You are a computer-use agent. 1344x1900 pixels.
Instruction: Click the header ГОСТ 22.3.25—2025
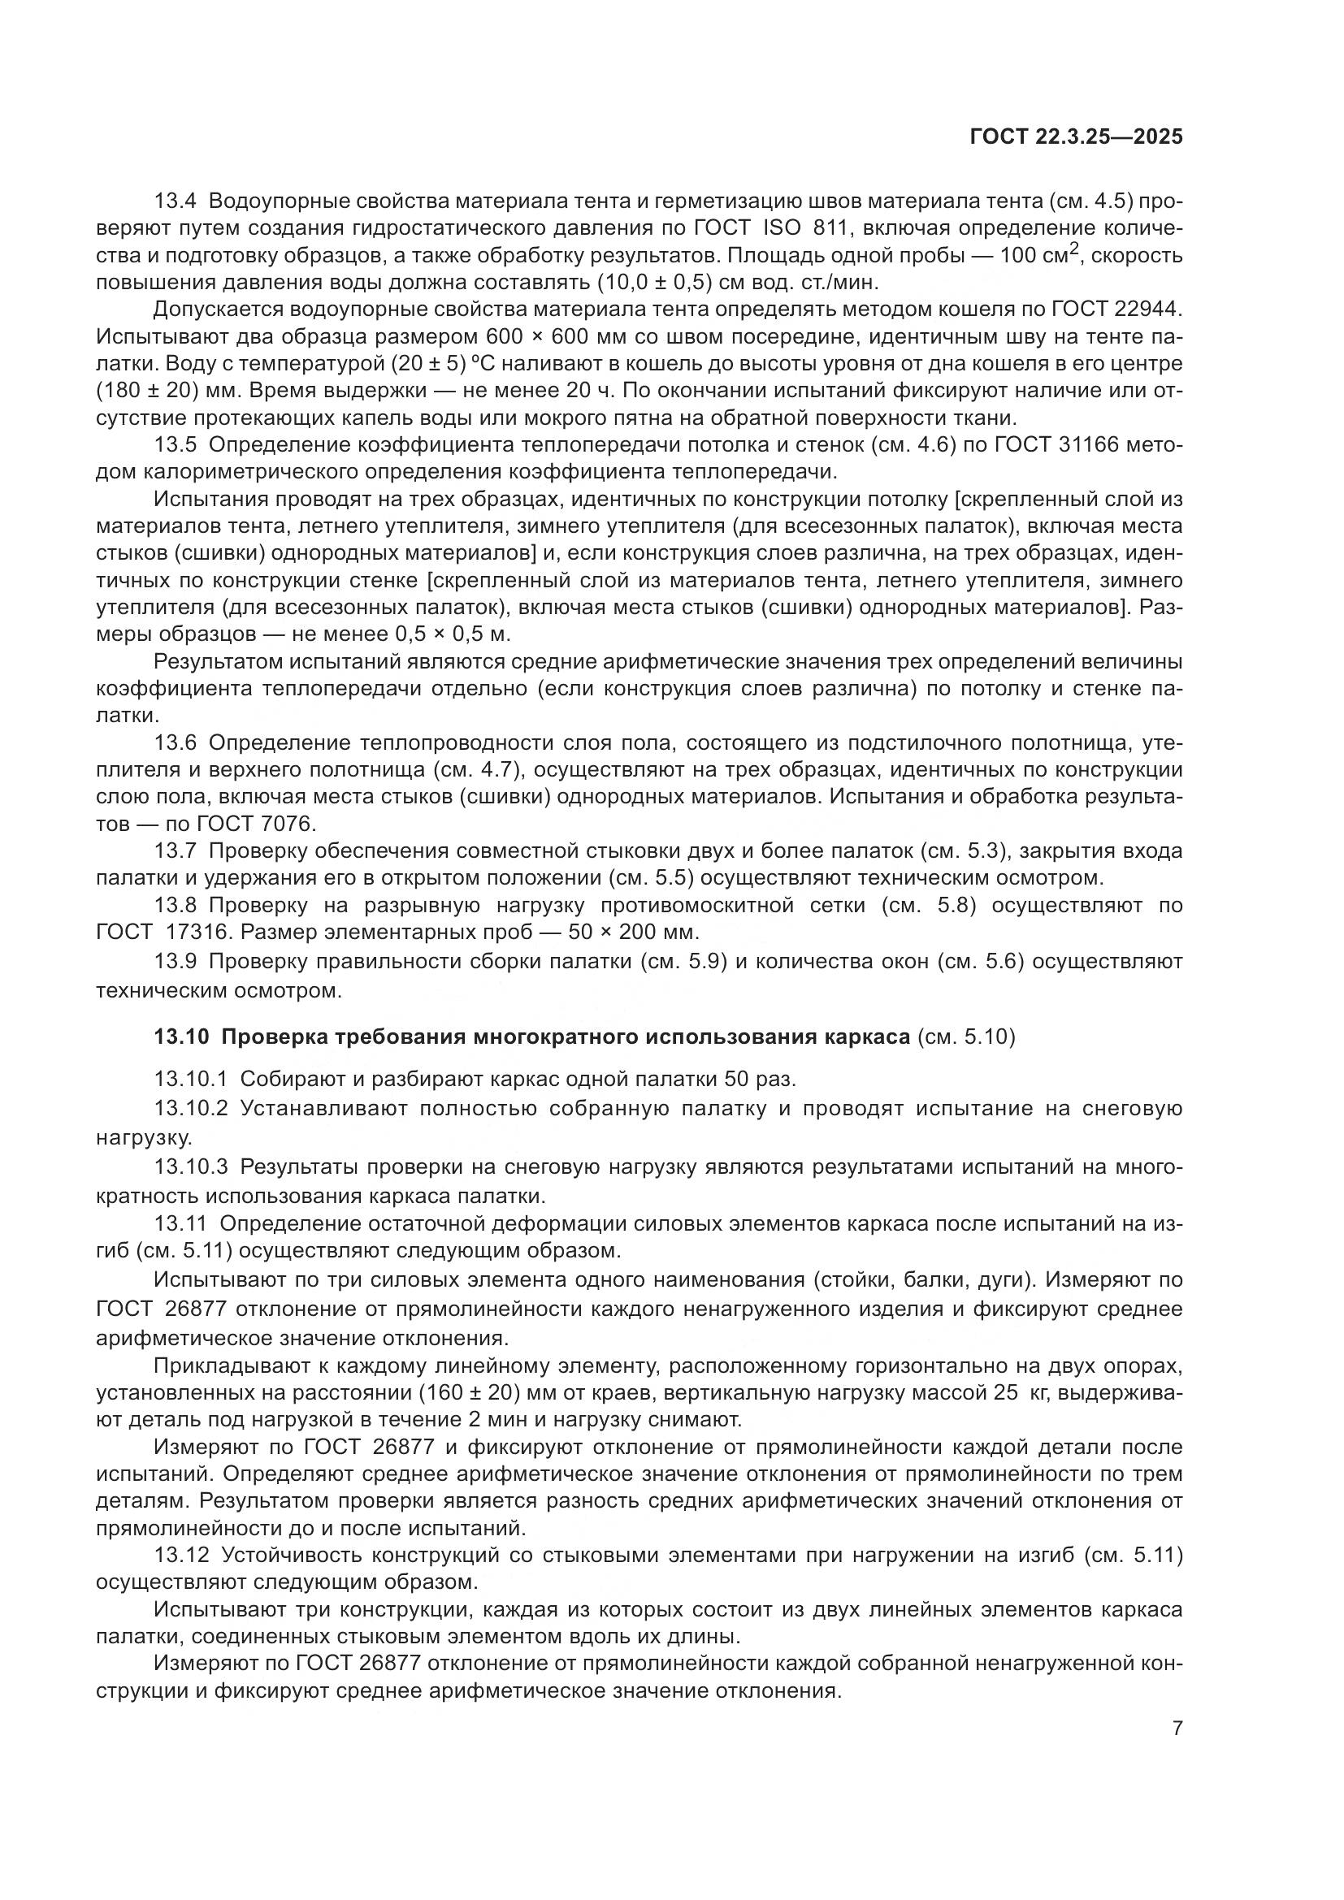1075,137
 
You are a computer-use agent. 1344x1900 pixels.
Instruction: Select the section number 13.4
176,201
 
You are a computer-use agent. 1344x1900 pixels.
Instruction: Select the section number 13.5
176,445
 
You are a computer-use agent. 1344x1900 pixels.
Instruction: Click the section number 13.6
176,743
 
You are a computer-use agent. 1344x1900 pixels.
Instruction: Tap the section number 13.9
176,962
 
